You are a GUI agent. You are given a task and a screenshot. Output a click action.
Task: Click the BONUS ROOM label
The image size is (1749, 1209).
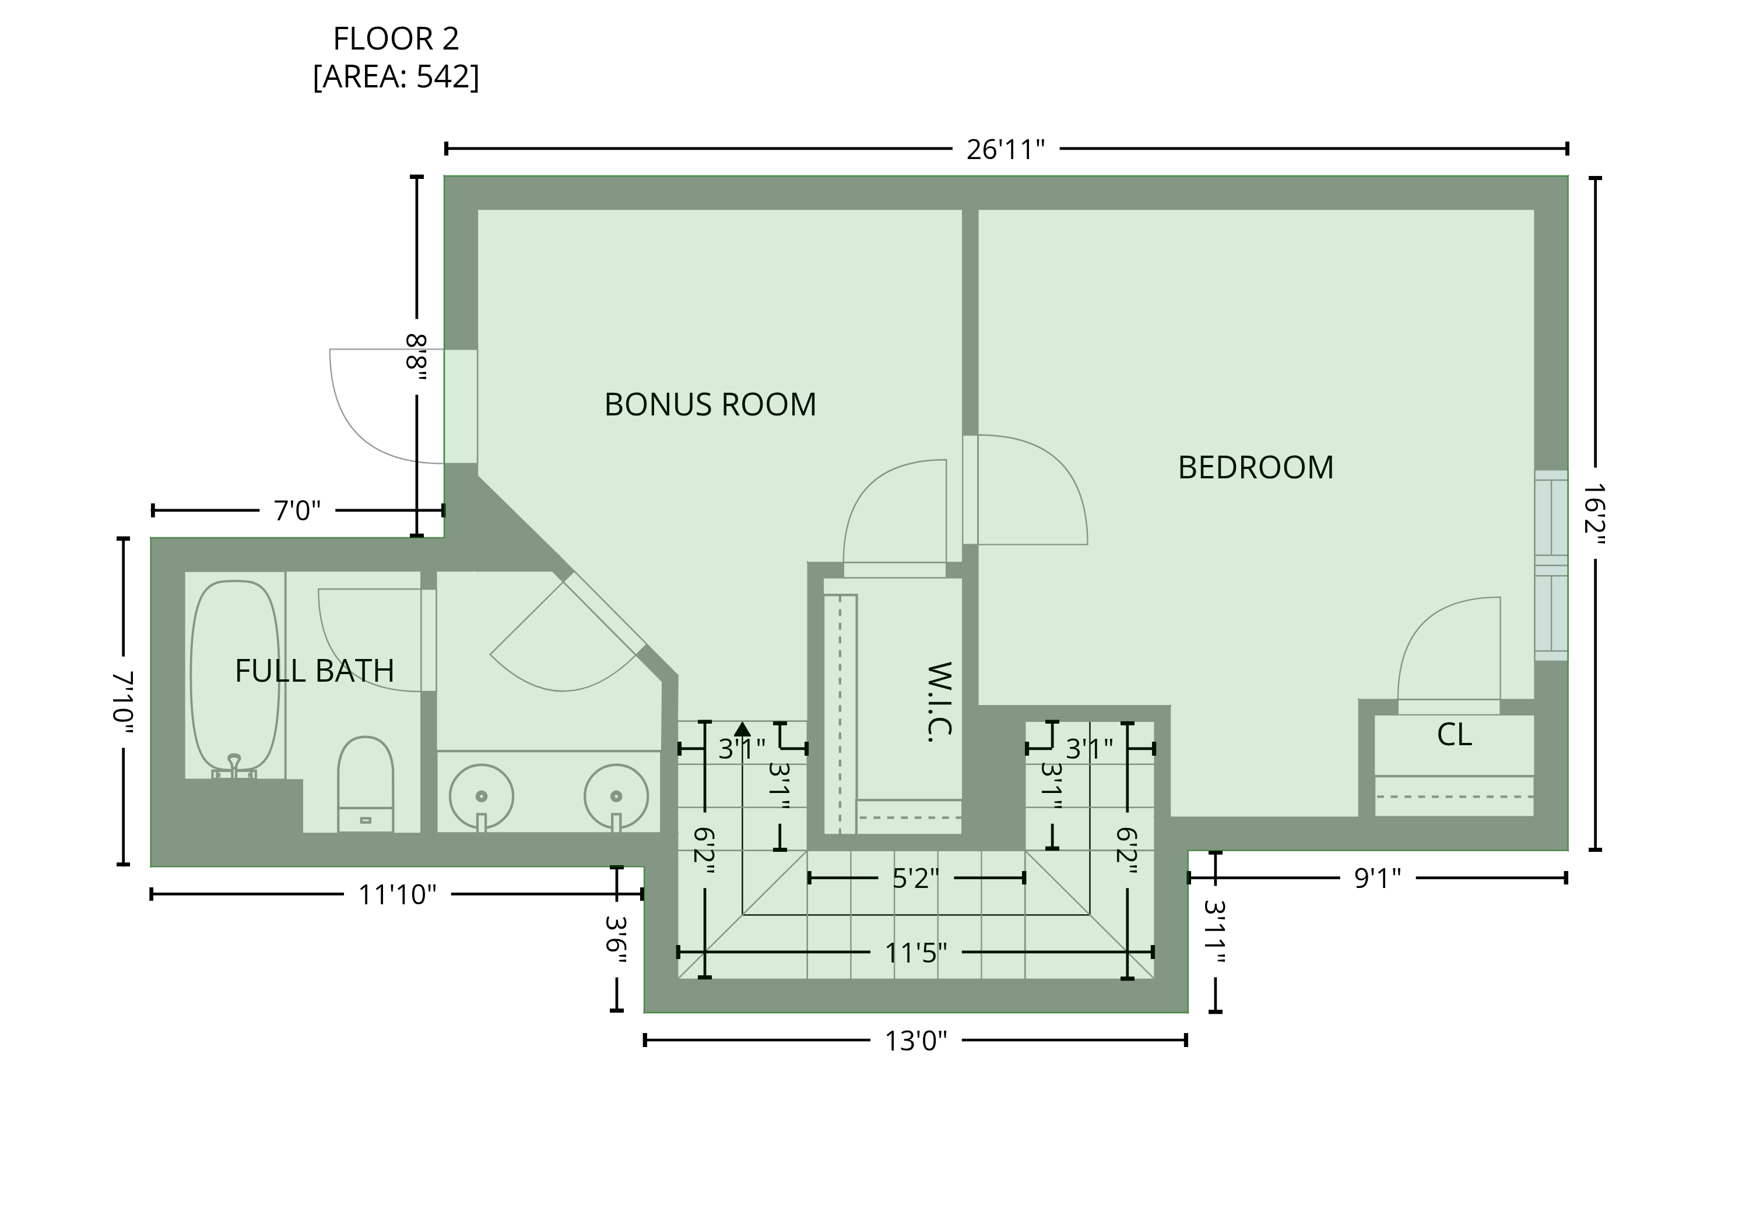[710, 404]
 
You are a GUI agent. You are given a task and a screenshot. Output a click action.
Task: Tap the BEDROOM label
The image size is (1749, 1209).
[1256, 467]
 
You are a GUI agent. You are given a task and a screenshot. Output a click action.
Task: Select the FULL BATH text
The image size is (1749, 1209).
[314, 671]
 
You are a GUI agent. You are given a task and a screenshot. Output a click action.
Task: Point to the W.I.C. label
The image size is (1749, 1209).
[940, 702]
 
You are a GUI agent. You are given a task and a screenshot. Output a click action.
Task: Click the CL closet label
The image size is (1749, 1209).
[1454, 734]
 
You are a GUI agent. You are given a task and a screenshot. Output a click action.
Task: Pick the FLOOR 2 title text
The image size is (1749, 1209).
[396, 38]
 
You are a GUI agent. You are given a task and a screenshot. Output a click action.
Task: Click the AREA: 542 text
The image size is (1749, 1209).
[396, 76]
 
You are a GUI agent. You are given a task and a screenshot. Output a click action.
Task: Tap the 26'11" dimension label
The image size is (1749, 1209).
[1006, 149]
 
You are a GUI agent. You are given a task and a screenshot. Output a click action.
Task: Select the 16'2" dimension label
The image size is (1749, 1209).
[1595, 514]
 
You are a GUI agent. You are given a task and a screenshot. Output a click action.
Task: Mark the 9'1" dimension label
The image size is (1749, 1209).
[1378, 878]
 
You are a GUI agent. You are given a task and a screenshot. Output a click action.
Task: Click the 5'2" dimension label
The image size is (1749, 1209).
[915, 879]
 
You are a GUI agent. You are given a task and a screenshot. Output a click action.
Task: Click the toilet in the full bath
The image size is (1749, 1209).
[366, 784]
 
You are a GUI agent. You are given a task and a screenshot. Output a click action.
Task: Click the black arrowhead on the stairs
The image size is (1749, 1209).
[743, 729]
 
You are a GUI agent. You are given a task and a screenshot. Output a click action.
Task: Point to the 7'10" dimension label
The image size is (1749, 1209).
[123, 702]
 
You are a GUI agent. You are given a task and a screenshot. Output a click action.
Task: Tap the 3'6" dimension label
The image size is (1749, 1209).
[617, 939]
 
